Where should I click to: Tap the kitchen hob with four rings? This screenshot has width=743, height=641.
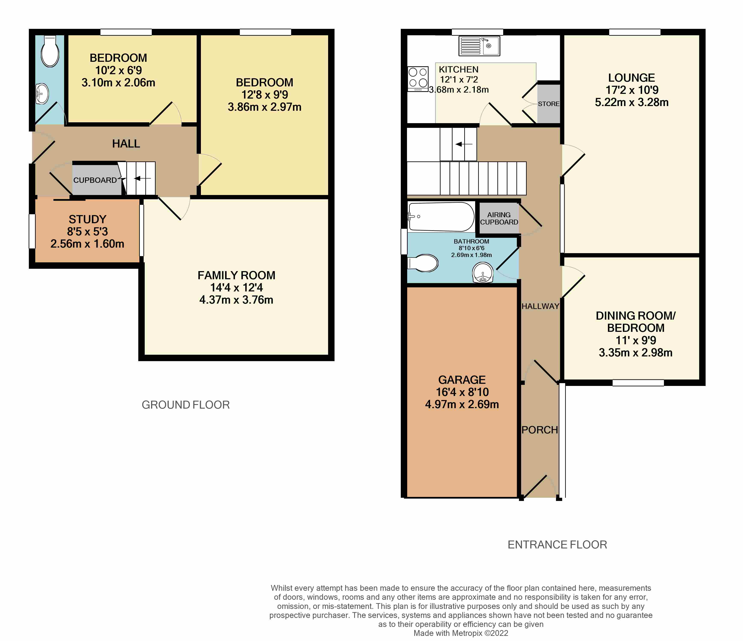point(418,78)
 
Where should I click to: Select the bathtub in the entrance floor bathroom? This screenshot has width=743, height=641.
point(441,217)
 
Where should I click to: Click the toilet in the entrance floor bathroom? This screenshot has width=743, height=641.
point(423,263)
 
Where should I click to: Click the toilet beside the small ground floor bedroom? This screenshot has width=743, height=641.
point(50,51)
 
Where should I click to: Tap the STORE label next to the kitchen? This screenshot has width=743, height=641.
point(549,104)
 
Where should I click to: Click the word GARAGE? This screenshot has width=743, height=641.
point(462,380)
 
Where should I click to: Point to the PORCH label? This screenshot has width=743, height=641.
point(540,430)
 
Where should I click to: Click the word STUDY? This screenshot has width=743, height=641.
point(87,219)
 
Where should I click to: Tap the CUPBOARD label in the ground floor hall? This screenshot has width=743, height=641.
point(95,180)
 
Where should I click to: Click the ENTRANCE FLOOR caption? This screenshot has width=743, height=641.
point(557,545)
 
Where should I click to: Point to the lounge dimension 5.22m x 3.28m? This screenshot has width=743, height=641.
point(632,102)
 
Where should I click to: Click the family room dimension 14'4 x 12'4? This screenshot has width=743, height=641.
point(237,287)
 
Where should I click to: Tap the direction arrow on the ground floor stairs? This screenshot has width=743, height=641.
point(142,178)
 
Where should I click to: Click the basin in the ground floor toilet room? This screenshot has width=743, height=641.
point(42,94)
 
